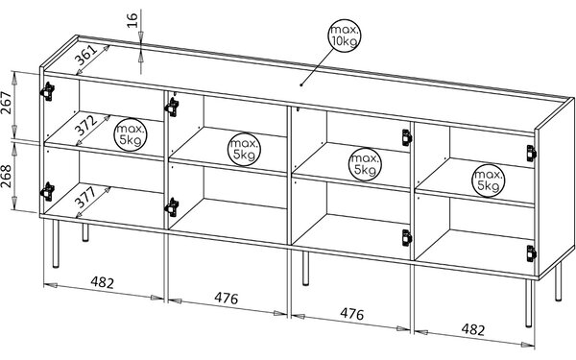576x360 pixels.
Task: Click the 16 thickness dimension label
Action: coord(132,20)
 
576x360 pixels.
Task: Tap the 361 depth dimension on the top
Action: coord(87,56)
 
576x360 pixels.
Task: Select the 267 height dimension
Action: coord(7,102)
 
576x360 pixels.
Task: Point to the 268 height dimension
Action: coord(7,176)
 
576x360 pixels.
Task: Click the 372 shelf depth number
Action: coord(86,126)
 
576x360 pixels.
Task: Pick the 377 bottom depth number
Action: coord(85,197)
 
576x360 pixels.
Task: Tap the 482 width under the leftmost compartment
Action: coord(103,282)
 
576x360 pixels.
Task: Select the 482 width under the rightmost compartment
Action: coord(473,329)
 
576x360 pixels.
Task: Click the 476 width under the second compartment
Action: coord(227,298)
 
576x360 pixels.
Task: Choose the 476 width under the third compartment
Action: coord(352,314)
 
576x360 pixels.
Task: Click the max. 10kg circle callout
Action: coord(345,36)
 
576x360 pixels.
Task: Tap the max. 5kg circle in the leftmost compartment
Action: coord(131,134)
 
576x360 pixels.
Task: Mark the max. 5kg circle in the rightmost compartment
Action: coord(489,180)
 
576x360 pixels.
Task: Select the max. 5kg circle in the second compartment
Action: coord(244,149)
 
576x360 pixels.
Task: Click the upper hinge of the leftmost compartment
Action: coord(47,91)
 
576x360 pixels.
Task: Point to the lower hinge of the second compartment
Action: coord(172,206)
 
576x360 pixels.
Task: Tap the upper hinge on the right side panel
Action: coord(531,154)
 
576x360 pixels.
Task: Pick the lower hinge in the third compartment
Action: coord(407,237)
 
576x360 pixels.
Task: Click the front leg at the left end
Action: coord(56,244)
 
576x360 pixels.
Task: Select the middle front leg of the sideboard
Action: coord(305,268)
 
